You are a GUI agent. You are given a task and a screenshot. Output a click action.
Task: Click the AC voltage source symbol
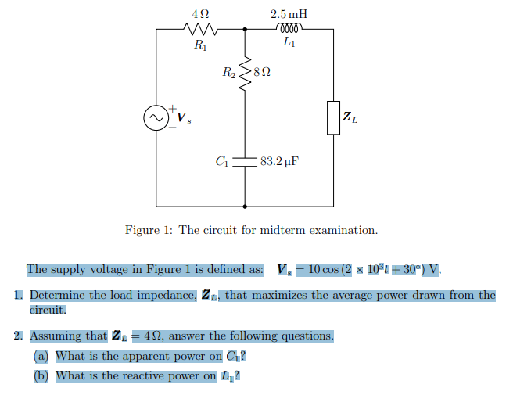pos(156,117)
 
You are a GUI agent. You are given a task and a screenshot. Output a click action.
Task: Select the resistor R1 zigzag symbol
pos(200,30)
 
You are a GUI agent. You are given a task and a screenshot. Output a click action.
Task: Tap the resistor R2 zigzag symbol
pos(246,73)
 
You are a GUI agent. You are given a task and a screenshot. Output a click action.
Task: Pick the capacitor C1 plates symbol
pos(246,163)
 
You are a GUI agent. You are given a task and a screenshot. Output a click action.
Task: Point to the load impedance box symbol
pos(333,117)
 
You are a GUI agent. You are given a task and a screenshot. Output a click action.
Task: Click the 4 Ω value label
pos(200,13)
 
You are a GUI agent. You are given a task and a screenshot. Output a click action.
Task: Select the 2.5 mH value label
pos(289,13)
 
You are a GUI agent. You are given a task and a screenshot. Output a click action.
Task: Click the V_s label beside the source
pos(184,119)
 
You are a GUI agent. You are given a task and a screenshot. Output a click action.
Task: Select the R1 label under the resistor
pos(200,45)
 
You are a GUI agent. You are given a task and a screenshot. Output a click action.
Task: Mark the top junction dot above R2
pos(246,30)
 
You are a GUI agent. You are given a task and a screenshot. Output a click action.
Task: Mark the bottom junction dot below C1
pos(246,207)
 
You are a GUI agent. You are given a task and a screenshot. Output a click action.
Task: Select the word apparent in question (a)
pos(136,356)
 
